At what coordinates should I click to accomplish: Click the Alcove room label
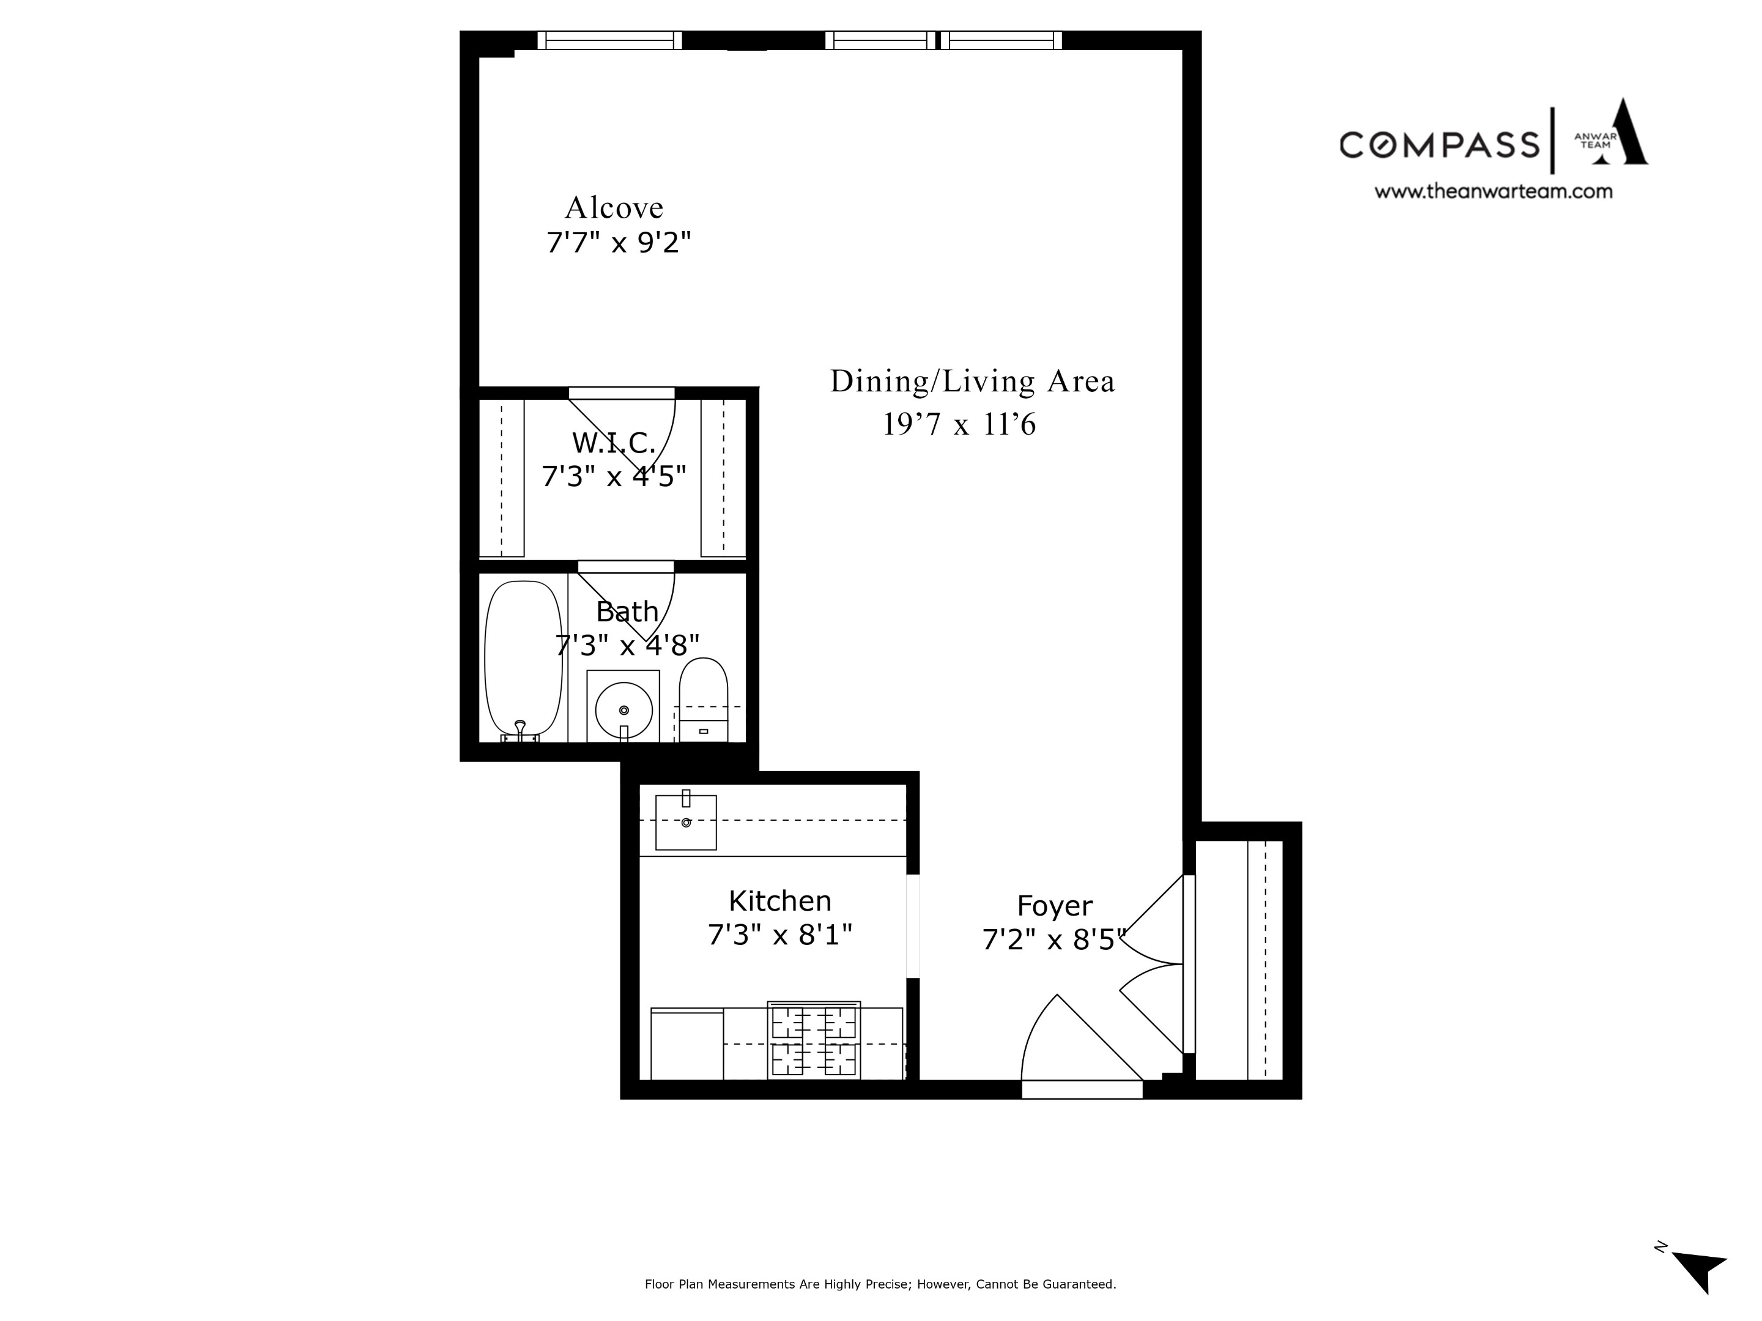point(614,208)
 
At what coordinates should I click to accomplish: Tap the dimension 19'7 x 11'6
point(959,424)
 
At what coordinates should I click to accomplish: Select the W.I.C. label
point(614,443)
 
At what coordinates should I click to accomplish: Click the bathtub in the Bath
point(523,659)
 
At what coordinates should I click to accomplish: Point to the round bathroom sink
point(623,709)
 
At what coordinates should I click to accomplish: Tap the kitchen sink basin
point(686,823)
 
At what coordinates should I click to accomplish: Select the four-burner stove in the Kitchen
point(813,1041)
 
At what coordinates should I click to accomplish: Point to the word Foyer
point(1055,906)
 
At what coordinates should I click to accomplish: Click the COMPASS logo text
point(1438,145)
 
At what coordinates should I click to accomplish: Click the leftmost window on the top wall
point(609,40)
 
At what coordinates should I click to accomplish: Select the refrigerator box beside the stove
point(686,1045)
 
